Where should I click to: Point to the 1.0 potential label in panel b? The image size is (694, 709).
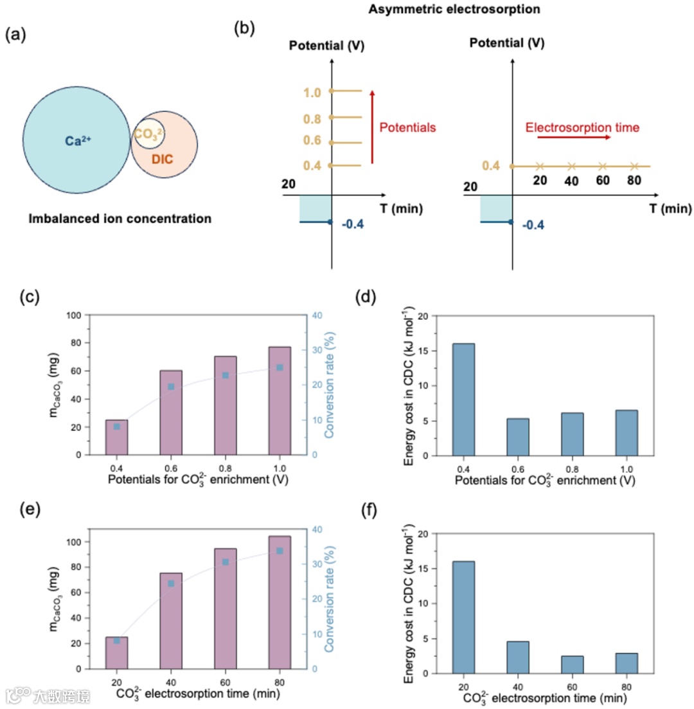click(x=312, y=92)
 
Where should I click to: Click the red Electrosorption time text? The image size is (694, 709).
click(x=582, y=127)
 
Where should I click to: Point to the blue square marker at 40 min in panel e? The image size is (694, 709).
click(x=171, y=584)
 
